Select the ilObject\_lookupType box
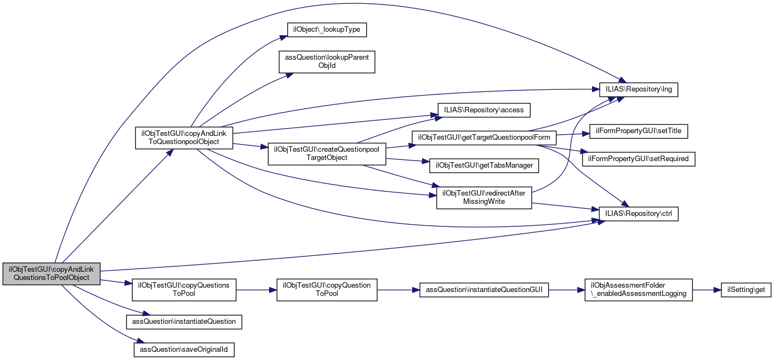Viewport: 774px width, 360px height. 327,29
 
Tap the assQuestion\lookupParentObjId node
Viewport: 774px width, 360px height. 327,61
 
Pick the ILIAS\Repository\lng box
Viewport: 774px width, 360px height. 639,88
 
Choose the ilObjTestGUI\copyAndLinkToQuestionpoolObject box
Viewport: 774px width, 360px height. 184,138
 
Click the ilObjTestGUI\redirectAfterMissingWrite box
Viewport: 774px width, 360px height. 483,197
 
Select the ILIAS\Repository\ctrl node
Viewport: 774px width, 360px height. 639,213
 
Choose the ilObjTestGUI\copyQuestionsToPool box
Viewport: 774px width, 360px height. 184,289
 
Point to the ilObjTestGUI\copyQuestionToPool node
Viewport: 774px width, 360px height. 327,289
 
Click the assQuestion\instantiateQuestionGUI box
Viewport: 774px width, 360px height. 483,289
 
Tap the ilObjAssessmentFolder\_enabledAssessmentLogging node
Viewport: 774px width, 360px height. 639,289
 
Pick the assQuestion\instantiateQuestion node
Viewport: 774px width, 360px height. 184,321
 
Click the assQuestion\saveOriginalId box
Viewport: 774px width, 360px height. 184,349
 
